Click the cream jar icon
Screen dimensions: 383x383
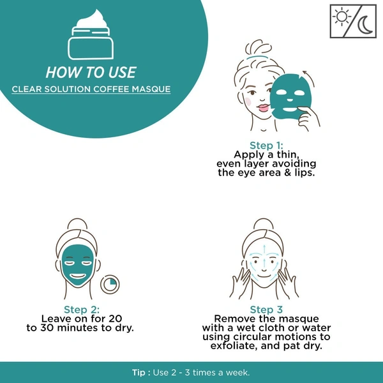[91, 34]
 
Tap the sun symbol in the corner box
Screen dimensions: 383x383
[342, 17]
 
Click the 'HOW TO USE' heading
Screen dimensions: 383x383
[91, 72]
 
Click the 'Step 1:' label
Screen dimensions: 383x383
[266, 146]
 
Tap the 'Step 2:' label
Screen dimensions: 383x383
[82, 310]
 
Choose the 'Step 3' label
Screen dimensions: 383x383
[266, 310]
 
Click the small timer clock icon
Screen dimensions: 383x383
[110, 284]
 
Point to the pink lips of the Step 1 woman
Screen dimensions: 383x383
[263, 108]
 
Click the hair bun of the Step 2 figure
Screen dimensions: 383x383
[77, 224]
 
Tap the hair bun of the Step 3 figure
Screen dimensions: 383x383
[263, 224]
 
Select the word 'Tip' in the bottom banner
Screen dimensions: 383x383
[139, 373]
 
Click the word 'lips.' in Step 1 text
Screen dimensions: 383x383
[304, 173]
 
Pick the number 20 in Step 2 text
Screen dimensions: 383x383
[116, 319]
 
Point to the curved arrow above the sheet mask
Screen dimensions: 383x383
[309, 78]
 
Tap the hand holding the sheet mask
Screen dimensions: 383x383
[308, 117]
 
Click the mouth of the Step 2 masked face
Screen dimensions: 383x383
[78, 276]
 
